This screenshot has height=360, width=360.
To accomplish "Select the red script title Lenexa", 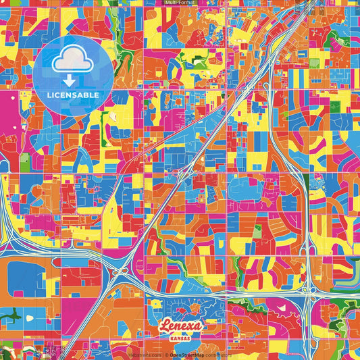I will point(182,325).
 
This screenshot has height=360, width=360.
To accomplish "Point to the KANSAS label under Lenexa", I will point(181,336).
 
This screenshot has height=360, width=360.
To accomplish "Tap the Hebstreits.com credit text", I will point(141,355).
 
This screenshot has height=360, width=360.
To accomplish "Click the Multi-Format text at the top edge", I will point(180,3).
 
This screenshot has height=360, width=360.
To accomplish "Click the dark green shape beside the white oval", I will point(9,315).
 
